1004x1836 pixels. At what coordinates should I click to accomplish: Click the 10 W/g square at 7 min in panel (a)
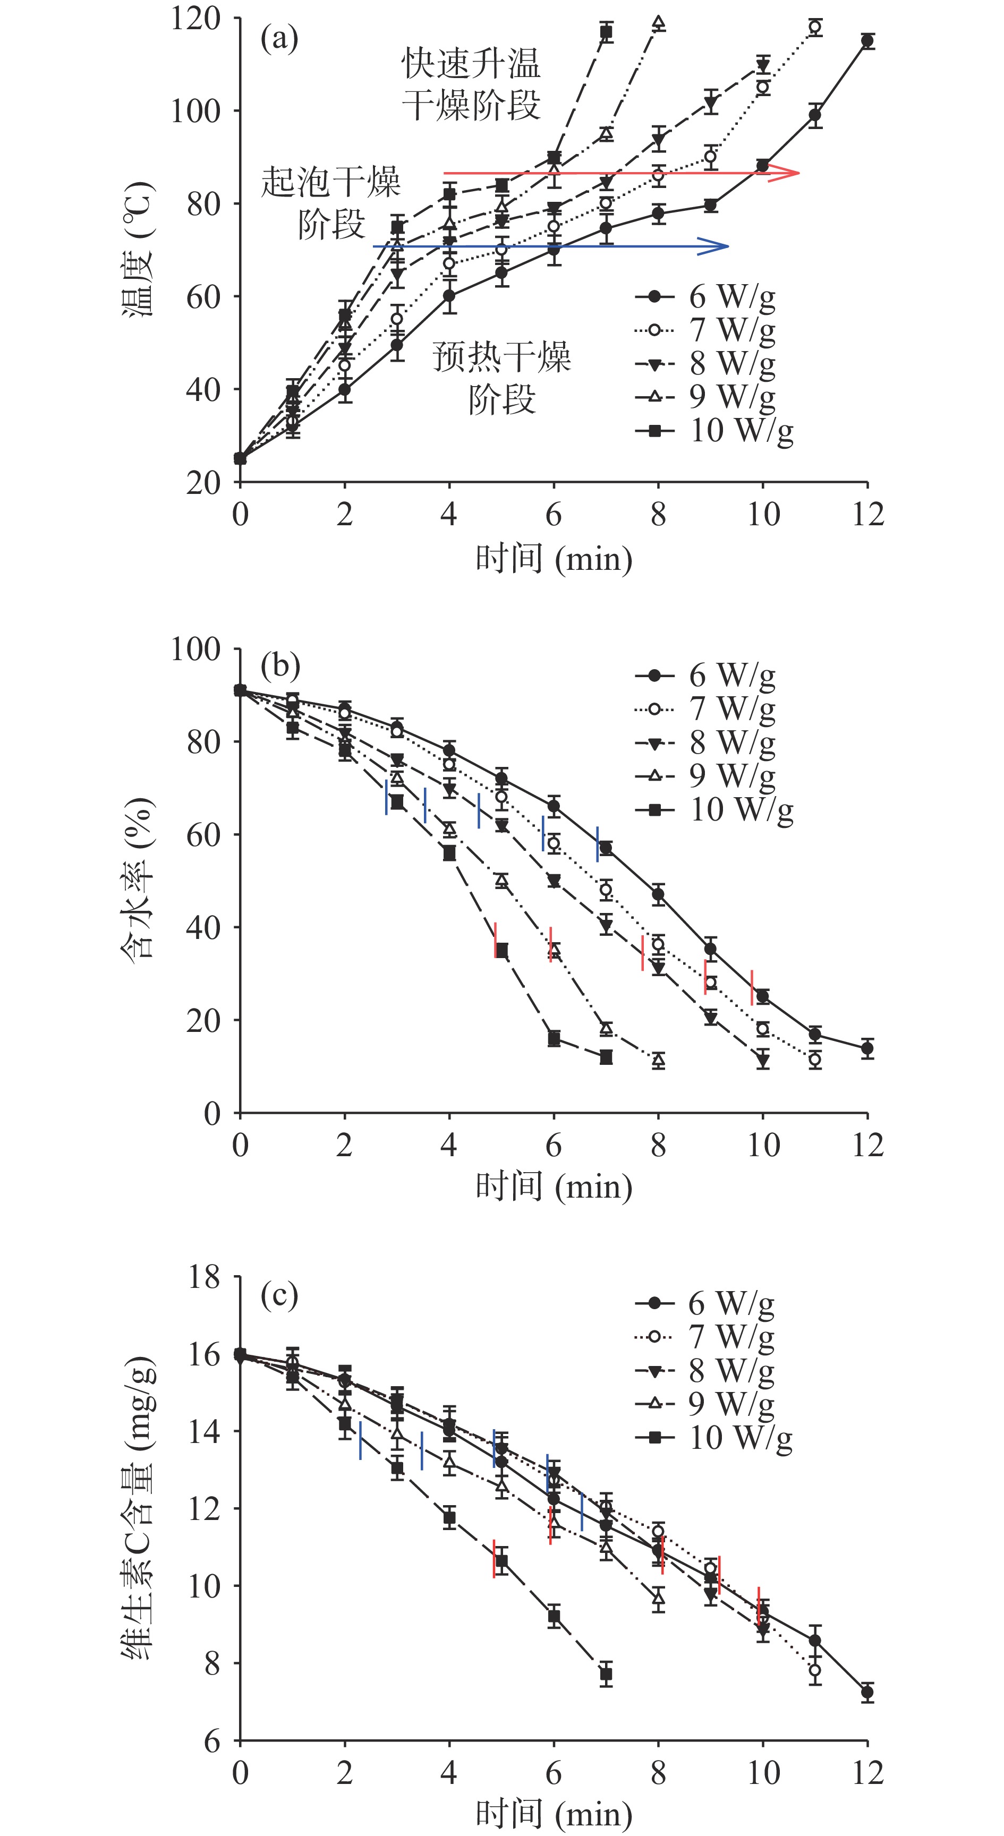(x=606, y=32)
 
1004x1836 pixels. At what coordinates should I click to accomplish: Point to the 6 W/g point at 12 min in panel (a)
(x=867, y=41)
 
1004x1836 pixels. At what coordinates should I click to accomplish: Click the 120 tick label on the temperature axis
(x=194, y=19)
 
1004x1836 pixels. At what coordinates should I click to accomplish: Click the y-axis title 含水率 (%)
(x=138, y=879)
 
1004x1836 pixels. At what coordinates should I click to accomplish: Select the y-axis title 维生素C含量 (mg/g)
(x=138, y=1507)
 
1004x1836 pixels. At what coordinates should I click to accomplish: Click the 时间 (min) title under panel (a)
(x=554, y=558)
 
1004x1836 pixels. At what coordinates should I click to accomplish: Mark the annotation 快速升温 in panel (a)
(x=471, y=64)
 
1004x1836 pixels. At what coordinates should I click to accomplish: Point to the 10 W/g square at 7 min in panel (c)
(x=606, y=1674)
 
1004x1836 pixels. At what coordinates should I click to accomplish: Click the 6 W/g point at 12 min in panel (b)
(x=867, y=1048)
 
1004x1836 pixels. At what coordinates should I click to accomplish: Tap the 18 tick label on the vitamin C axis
(x=203, y=1277)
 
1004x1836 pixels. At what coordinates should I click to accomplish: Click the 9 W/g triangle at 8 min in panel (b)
(x=658, y=1061)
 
